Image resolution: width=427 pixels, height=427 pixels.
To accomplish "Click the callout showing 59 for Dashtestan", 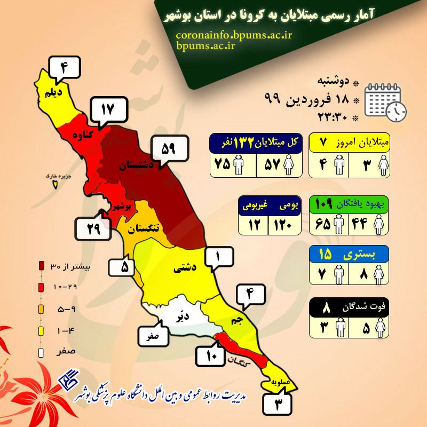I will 168,148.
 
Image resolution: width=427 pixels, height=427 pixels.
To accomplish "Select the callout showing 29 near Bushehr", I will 93,230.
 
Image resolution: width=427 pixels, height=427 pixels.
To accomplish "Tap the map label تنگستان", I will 144,227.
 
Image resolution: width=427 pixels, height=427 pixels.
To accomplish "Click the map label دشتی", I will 184,270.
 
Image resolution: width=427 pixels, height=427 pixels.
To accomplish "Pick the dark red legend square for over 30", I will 42,265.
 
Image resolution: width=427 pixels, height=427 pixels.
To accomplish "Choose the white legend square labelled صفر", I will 42,352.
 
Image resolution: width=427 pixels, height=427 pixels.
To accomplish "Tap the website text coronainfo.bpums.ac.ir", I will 233,35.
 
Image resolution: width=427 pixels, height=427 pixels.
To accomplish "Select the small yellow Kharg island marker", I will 54,184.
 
